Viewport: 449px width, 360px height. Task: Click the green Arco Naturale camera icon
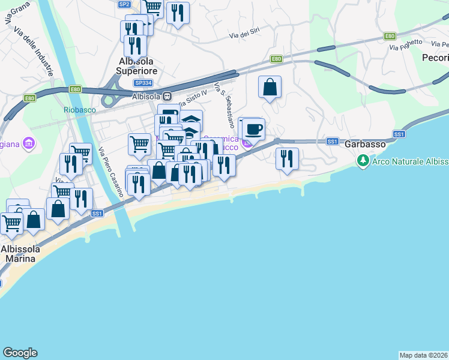(x=363, y=160)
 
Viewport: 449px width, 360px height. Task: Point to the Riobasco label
(x=80, y=109)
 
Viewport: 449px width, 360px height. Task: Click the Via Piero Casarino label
(x=110, y=173)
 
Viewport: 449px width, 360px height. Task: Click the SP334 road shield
(x=142, y=83)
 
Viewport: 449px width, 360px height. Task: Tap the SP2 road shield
(x=124, y=4)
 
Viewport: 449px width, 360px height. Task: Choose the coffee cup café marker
(x=254, y=128)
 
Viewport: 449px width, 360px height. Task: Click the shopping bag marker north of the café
(x=270, y=87)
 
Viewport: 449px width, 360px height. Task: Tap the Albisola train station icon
(x=169, y=95)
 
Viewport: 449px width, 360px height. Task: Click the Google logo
(x=20, y=353)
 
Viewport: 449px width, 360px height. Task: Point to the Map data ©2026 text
(x=424, y=355)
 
